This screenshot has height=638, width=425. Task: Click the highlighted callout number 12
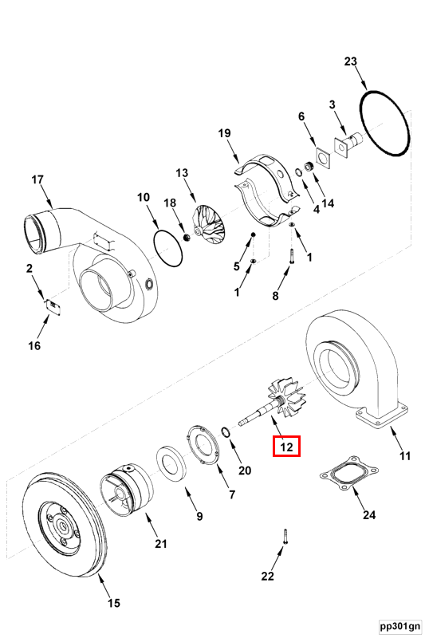click(286, 447)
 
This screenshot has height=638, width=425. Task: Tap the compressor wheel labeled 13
click(209, 225)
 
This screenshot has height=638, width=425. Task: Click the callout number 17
click(37, 179)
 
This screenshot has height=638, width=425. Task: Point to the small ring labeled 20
click(226, 432)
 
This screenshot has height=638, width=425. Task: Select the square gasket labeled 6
click(322, 159)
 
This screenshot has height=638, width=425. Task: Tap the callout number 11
click(404, 456)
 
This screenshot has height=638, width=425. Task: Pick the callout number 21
click(161, 544)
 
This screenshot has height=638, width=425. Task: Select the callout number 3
click(333, 104)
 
